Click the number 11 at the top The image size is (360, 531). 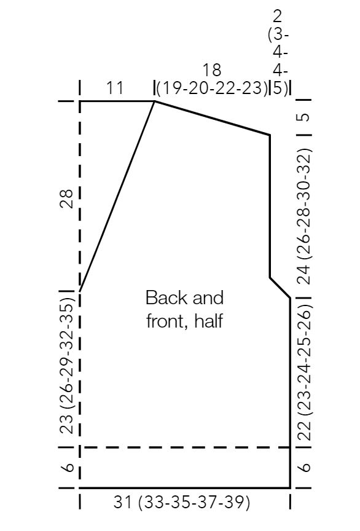click(x=114, y=88)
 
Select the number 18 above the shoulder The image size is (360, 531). click(x=212, y=70)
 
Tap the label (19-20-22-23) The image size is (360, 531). click(x=213, y=88)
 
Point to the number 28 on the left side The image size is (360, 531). click(x=67, y=198)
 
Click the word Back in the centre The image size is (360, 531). click(x=162, y=297)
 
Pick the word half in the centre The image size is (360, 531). click(x=209, y=320)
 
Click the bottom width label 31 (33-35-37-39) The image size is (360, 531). click(x=181, y=502)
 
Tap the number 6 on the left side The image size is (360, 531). click(x=68, y=467)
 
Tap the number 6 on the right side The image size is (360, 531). click(x=305, y=467)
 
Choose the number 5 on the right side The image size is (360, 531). click(x=304, y=117)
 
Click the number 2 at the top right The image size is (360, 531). click(x=277, y=16)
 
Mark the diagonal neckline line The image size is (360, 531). click(x=117, y=196)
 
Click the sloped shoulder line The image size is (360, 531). click(x=213, y=118)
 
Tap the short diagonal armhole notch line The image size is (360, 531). click(x=280, y=288)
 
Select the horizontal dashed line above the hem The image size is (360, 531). click(x=185, y=447)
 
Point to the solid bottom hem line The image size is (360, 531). click(x=185, y=488)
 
